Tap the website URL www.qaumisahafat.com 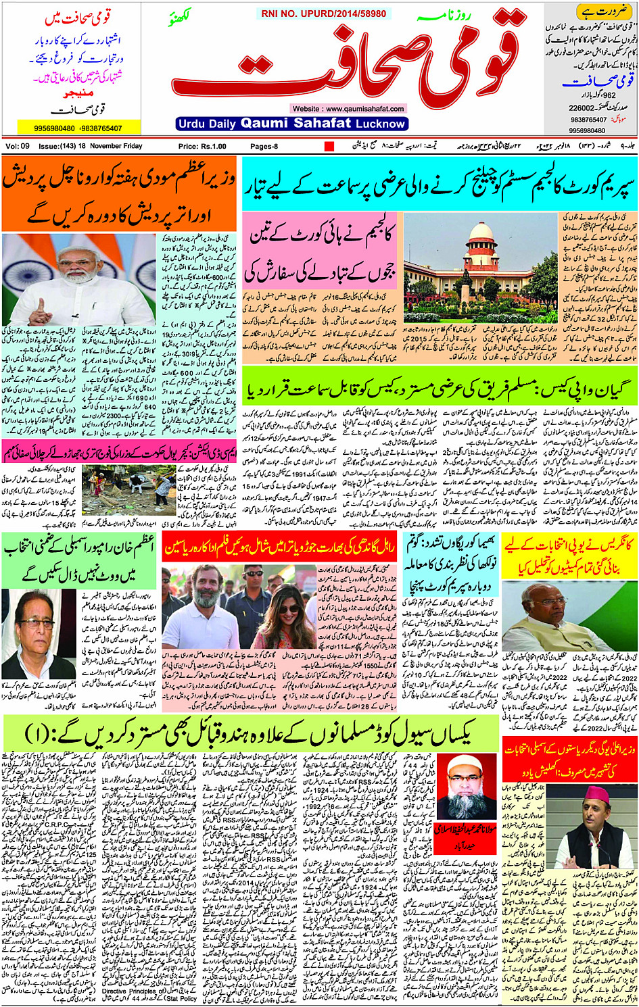point(348,108)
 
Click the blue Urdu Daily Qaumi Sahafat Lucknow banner point(291,124)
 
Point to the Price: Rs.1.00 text point(202,146)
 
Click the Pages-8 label point(264,146)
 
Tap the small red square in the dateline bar point(329,146)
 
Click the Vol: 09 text point(18,146)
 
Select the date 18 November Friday point(110,146)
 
